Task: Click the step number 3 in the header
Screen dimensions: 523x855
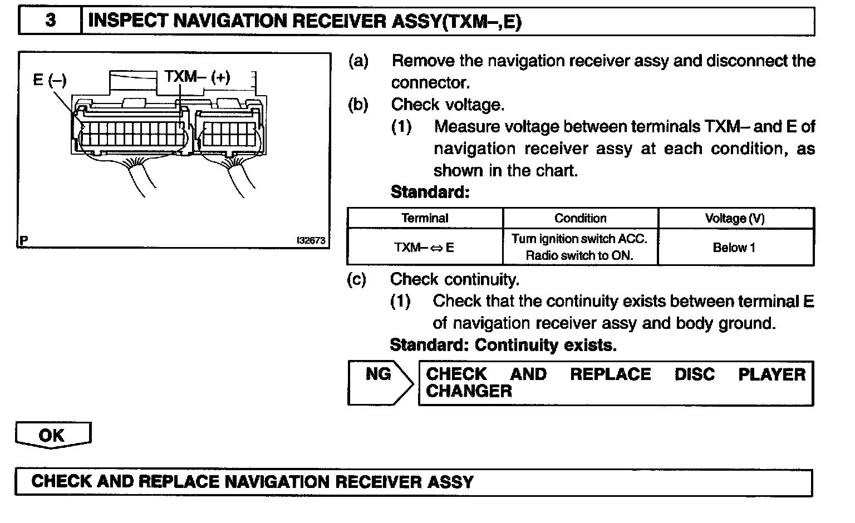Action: [50, 21]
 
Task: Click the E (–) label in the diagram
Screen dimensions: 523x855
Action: [50, 80]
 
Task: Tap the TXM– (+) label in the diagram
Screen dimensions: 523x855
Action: [197, 76]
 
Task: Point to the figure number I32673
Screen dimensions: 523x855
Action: [311, 241]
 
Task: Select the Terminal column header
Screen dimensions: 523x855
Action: [425, 218]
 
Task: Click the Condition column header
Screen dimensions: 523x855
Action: [580, 218]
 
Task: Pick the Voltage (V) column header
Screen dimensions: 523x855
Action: [735, 218]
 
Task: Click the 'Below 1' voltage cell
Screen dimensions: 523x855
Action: [734, 248]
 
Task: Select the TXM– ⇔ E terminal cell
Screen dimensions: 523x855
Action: [424, 248]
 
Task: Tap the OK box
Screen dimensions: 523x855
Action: [52, 435]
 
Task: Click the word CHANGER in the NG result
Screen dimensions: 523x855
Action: [469, 391]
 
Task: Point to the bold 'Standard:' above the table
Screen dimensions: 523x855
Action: [430, 193]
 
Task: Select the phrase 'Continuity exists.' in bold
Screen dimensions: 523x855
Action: [546, 345]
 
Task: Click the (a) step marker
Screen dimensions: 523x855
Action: [358, 61]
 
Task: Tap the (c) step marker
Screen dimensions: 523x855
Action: [357, 279]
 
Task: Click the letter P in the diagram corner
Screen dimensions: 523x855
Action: [23, 241]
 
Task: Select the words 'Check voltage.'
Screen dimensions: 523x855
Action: [448, 105]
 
